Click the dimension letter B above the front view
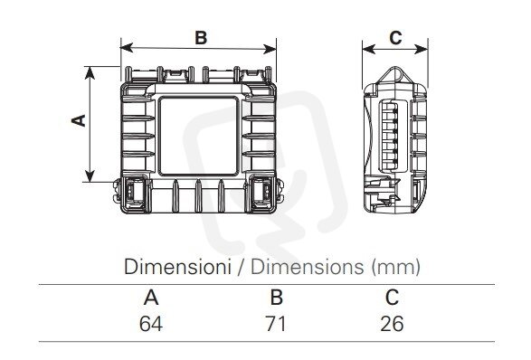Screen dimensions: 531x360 [x=201, y=37]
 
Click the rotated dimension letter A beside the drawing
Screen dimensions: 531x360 [x=80, y=120]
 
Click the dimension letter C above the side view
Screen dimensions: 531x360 [x=395, y=38]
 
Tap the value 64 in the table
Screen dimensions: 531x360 [x=151, y=324]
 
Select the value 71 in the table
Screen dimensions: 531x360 [x=275, y=324]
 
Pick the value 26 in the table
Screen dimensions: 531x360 [x=392, y=324]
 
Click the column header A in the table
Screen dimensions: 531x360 [x=151, y=298]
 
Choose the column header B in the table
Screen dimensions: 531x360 [x=277, y=297]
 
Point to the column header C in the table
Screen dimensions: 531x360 [x=393, y=297]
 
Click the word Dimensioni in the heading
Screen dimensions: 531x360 [x=177, y=267]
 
